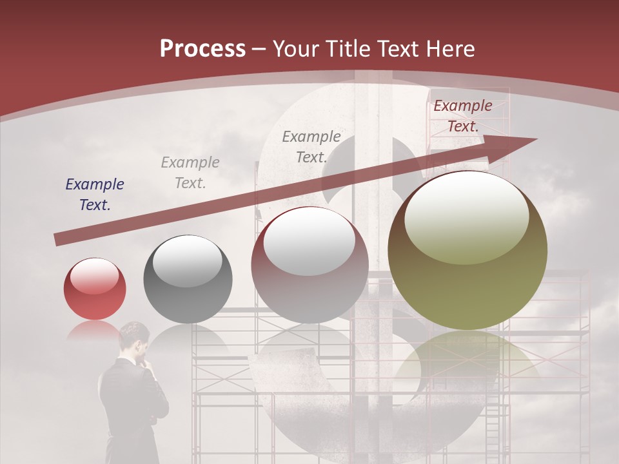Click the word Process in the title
[x=202, y=49]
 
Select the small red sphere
[x=95, y=289]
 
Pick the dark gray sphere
[x=188, y=279]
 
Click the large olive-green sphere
[x=467, y=250]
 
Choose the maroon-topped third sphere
[x=309, y=264]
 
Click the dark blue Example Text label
[x=95, y=195]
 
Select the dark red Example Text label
[x=462, y=116]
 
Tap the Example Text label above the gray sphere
[x=190, y=173]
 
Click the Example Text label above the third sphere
[x=311, y=147]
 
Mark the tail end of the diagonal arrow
[x=58, y=239]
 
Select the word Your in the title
[x=294, y=49]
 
